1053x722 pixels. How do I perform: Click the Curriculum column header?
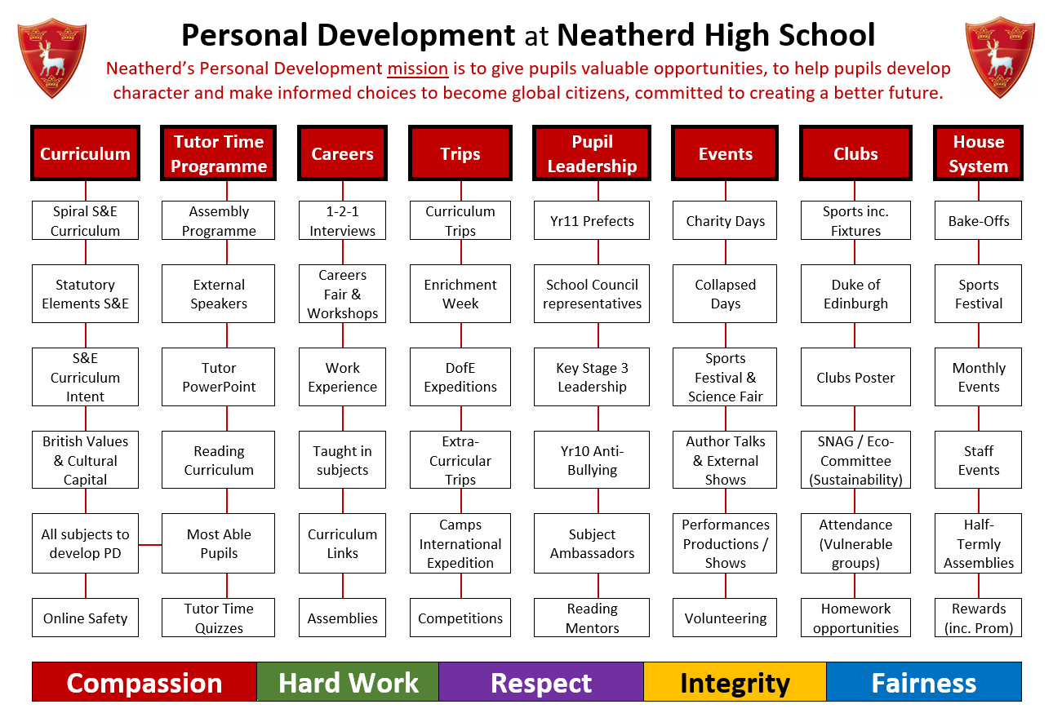85,153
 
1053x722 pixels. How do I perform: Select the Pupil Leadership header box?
591,153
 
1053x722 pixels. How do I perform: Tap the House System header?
978,153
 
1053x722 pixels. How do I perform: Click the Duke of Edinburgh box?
855,294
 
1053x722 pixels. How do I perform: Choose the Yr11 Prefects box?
591,220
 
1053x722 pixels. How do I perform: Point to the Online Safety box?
85,618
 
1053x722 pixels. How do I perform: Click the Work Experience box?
342,377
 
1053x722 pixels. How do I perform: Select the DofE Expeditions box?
460,377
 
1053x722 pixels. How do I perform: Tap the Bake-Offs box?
978,220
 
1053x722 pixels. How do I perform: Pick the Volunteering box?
725,618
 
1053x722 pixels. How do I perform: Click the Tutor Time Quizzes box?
218,618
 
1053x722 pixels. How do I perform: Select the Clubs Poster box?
855,377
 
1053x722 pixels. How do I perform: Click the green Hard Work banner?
348,682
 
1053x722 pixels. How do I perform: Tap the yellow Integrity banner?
735,682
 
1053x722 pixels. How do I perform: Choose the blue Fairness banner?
924,682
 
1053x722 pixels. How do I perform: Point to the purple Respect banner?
541,682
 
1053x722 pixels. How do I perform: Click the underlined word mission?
417,69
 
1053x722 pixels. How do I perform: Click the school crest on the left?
51,58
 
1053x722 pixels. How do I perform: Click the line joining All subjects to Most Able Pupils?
150,545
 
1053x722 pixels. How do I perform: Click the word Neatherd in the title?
625,35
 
